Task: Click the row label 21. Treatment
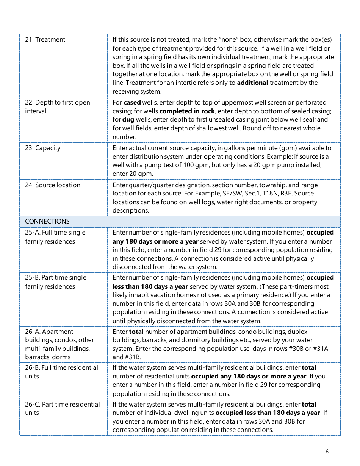click(45, 40)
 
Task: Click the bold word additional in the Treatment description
click(252, 83)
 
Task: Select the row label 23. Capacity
click(43, 148)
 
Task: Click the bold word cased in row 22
click(132, 103)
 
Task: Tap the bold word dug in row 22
click(128, 120)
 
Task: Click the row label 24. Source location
click(53, 185)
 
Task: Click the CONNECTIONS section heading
click(47, 222)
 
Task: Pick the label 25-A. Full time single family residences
click(55, 237)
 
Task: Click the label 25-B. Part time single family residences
click(55, 282)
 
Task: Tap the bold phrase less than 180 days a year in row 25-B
click(150, 287)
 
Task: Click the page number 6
click(327, 452)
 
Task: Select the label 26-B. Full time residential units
click(61, 372)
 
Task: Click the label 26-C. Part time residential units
click(62, 409)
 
